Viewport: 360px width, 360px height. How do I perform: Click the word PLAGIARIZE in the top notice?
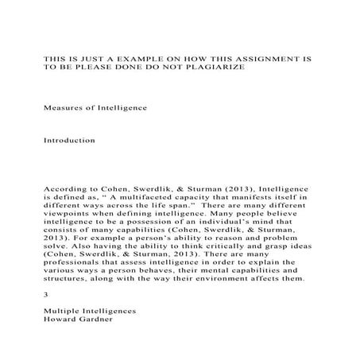click(x=218, y=68)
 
